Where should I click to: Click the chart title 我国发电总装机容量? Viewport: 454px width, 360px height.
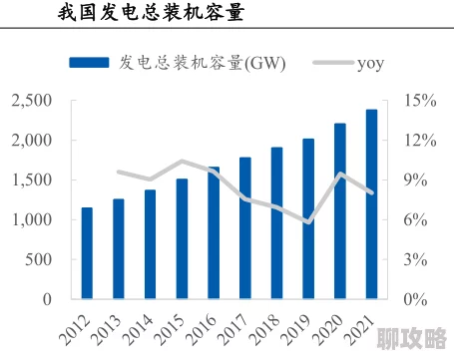(149, 15)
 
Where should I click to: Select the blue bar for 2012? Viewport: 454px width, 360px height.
(87, 253)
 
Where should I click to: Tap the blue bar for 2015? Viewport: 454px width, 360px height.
(182, 238)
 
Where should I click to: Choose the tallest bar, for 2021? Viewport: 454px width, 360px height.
(371, 203)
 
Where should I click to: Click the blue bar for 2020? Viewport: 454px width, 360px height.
(339, 210)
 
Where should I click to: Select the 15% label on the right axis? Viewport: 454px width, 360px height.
(420, 101)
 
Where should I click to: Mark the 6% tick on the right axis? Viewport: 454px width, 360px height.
(416, 219)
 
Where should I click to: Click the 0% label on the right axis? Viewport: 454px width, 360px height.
(416, 299)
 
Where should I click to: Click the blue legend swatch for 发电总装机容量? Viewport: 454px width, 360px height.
(92, 63)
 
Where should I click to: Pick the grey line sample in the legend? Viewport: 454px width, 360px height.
(330, 63)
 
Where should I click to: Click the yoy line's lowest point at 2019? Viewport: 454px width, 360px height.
(308, 221)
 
